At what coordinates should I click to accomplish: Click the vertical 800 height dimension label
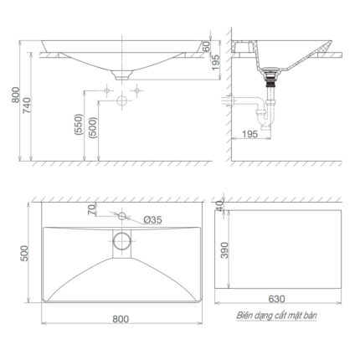[12, 99]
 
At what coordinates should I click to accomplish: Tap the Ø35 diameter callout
[152, 219]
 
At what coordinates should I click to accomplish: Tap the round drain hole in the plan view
[122, 242]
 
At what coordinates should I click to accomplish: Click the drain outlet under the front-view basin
[122, 76]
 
